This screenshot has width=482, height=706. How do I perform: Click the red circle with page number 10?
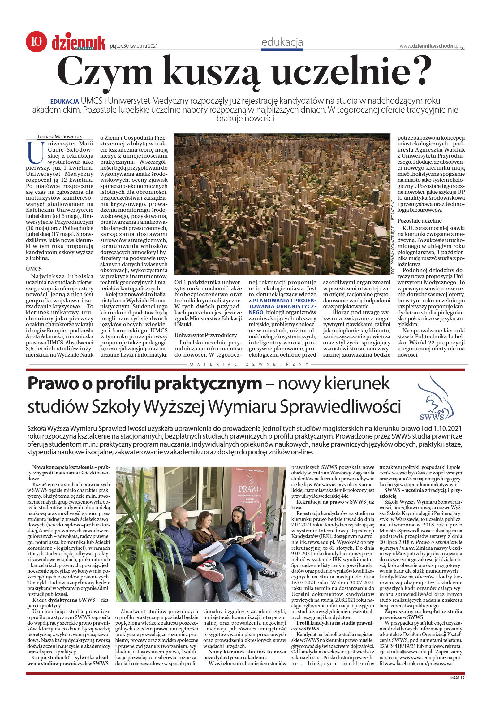pyautogui.click(x=37, y=41)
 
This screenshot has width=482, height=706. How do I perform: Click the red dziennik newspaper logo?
pyautogui.click(x=79, y=43)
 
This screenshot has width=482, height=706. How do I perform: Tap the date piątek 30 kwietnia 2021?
pyautogui.click(x=134, y=46)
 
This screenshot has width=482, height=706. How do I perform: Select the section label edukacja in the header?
pyautogui.click(x=282, y=42)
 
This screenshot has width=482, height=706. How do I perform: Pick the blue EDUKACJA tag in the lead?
pyautogui.click(x=64, y=102)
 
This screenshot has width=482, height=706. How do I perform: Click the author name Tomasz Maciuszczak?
pyautogui.click(x=59, y=136)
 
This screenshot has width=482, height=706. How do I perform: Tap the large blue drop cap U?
pyautogui.click(x=35, y=153)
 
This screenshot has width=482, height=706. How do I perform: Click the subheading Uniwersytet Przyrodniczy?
pyautogui.click(x=205, y=335)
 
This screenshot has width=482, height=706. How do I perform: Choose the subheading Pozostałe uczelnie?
pyautogui.click(x=419, y=221)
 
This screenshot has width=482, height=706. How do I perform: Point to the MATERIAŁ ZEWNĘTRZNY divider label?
pyautogui.click(x=249, y=364)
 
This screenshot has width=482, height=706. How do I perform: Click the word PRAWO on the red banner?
pyautogui.click(x=249, y=489)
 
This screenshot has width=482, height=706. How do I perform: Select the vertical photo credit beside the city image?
pyautogui.click(x=393, y=237)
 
